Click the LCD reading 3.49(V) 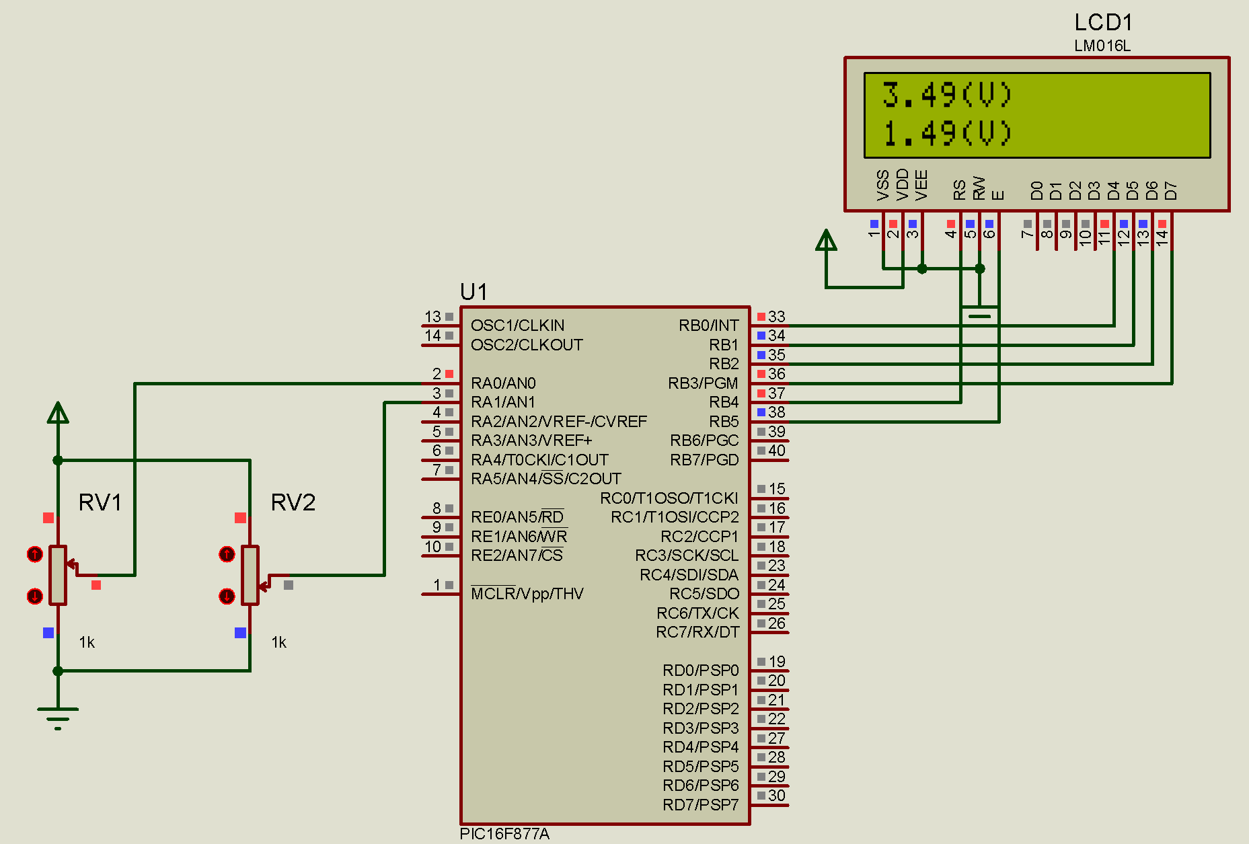(946, 95)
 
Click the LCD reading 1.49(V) (946, 133)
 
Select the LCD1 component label (1103, 23)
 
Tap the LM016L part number (1102, 46)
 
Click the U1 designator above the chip (474, 292)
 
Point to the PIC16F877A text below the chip (504, 834)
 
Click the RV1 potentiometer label (100, 502)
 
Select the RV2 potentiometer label (293, 502)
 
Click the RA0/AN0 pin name (503, 383)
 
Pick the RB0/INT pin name (708, 325)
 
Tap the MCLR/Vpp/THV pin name (527, 594)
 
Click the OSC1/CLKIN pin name (517, 325)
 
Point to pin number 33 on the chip (777, 317)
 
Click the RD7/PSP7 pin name (700, 805)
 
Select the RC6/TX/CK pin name (697, 613)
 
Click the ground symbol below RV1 (58, 717)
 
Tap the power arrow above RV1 (58, 412)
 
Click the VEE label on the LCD (921, 185)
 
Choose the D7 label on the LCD (1171, 190)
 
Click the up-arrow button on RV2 (227, 554)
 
